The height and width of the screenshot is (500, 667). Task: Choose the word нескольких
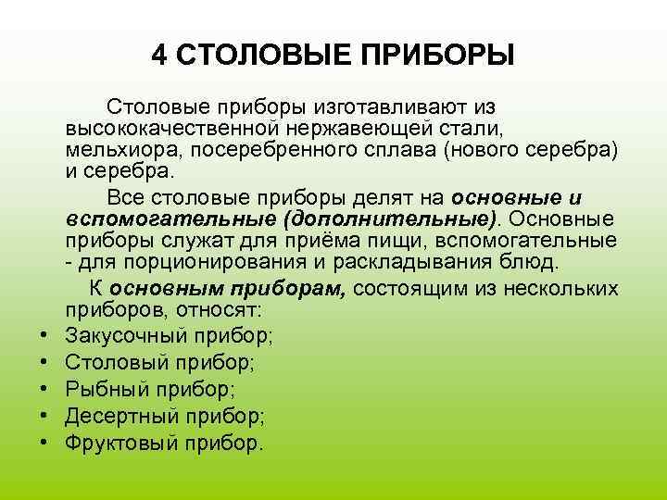pyautogui.click(x=564, y=288)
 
